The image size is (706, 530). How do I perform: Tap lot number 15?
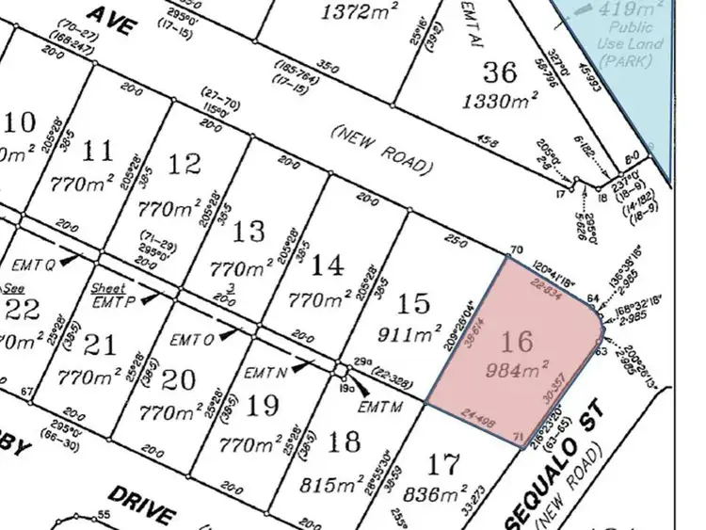point(414,303)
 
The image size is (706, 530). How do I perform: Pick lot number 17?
point(444,464)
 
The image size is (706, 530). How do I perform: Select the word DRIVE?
point(141,506)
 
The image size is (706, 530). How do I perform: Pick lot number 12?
point(185,164)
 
